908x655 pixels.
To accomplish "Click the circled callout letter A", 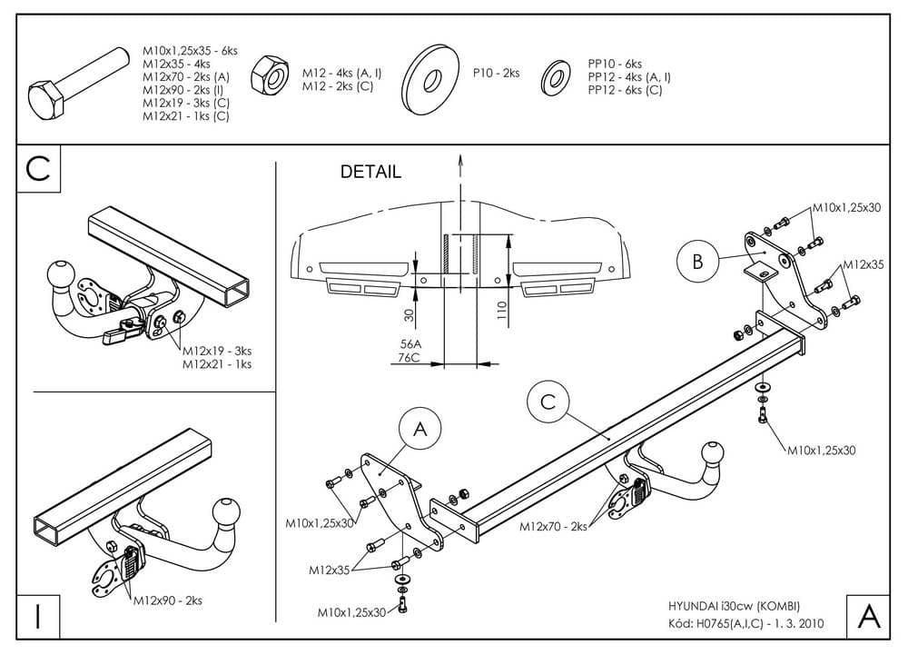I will (x=419, y=430).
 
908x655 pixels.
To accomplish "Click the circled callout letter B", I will (x=697, y=261).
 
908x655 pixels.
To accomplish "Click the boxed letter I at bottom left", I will (x=37, y=616).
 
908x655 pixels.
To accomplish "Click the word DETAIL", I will (x=370, y=173).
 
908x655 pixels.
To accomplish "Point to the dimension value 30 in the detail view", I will (x=409, y=316).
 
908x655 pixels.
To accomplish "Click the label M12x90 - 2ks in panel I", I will (x=168, y=600).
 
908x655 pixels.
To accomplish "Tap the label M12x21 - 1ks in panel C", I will (x=217, y=363).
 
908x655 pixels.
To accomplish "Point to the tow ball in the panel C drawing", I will (x=61, y=274).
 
